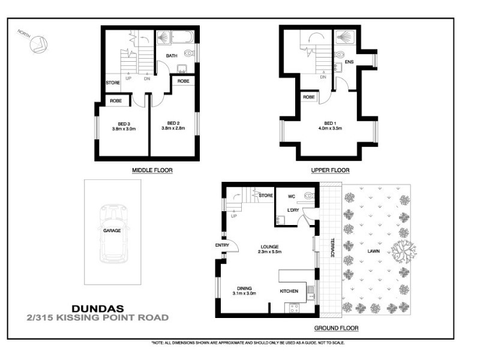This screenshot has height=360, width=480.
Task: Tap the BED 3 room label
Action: coord(124,124)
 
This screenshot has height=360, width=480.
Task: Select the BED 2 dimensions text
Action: coord(173,128)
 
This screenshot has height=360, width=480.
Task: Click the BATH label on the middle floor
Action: coord(172,56)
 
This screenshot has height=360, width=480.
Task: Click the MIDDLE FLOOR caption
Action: coord(152,170)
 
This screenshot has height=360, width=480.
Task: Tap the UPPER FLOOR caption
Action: coord(330,170)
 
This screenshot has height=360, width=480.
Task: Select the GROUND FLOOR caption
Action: coord(336,328)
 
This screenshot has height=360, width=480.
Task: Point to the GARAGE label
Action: coord(112,230)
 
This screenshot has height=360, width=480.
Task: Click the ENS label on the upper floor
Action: coord(349,62)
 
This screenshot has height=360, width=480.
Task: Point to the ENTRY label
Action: coord(214,245)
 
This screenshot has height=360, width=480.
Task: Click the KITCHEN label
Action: coord(289,291)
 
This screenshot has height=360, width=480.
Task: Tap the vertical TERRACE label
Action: coord(331,248)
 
